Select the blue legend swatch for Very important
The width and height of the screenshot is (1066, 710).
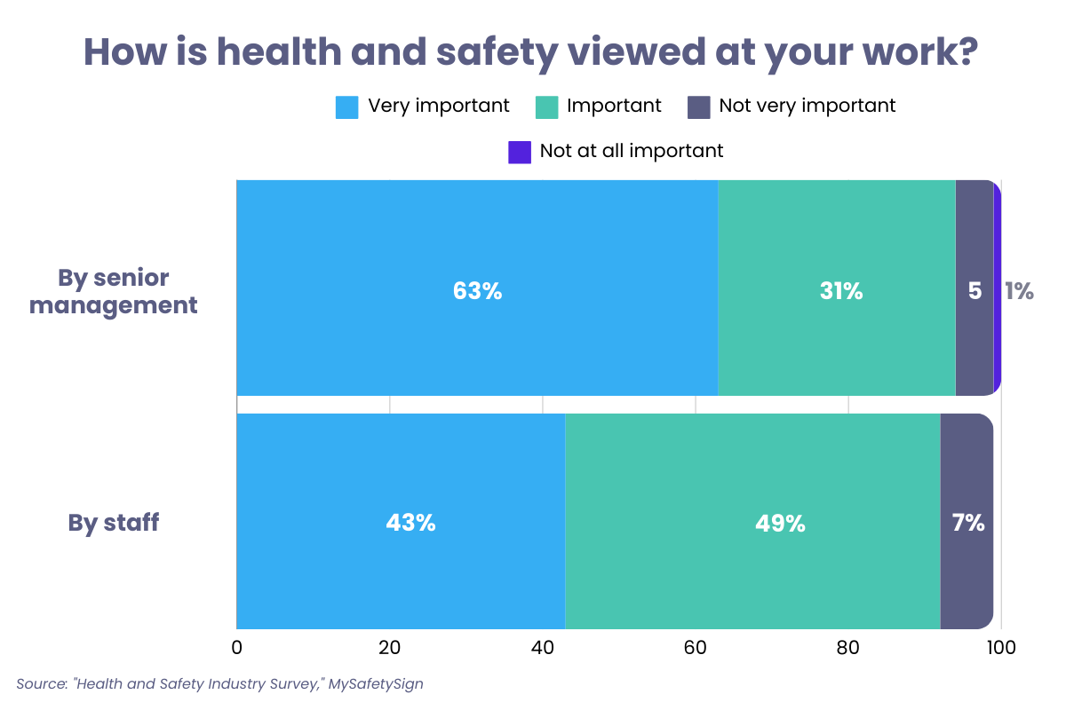click(346, 106)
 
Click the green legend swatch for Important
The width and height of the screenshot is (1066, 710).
click(546, 106)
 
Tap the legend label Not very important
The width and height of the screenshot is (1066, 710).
click(807, 106)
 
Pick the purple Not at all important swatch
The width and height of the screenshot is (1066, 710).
click(520, 152)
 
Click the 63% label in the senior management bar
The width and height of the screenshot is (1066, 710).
click(477, 291)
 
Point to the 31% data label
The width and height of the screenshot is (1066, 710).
click(840, 291)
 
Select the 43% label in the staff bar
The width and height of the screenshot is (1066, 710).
click(410, 523)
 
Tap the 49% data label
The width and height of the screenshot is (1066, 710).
click(780, 524)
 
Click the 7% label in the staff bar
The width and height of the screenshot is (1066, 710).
click(967, 523)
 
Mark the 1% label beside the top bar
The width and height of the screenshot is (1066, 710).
click(1019, 291)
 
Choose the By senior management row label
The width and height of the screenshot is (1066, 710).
click(127, 291)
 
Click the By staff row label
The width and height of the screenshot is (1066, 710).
click(114, 523)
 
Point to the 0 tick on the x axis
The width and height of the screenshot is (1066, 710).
click(236, 647)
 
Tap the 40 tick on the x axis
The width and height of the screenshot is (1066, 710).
click(542, 647)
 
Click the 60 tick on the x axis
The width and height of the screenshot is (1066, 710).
click(695, 647)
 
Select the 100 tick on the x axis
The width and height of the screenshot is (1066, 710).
click(1001, 647)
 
